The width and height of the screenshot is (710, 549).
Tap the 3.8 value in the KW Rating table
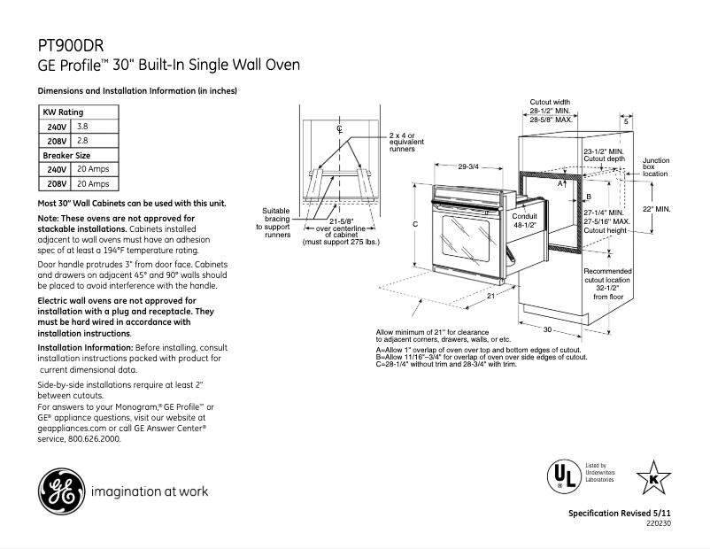82,127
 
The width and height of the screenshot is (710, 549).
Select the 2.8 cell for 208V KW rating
82,141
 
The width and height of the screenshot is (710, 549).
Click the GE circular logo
58,490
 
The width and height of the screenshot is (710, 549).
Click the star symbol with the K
653,478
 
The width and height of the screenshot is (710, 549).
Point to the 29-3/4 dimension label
468,166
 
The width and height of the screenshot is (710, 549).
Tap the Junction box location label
656,167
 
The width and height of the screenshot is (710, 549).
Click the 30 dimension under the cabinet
548,329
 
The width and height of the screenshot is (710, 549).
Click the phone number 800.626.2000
93,437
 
